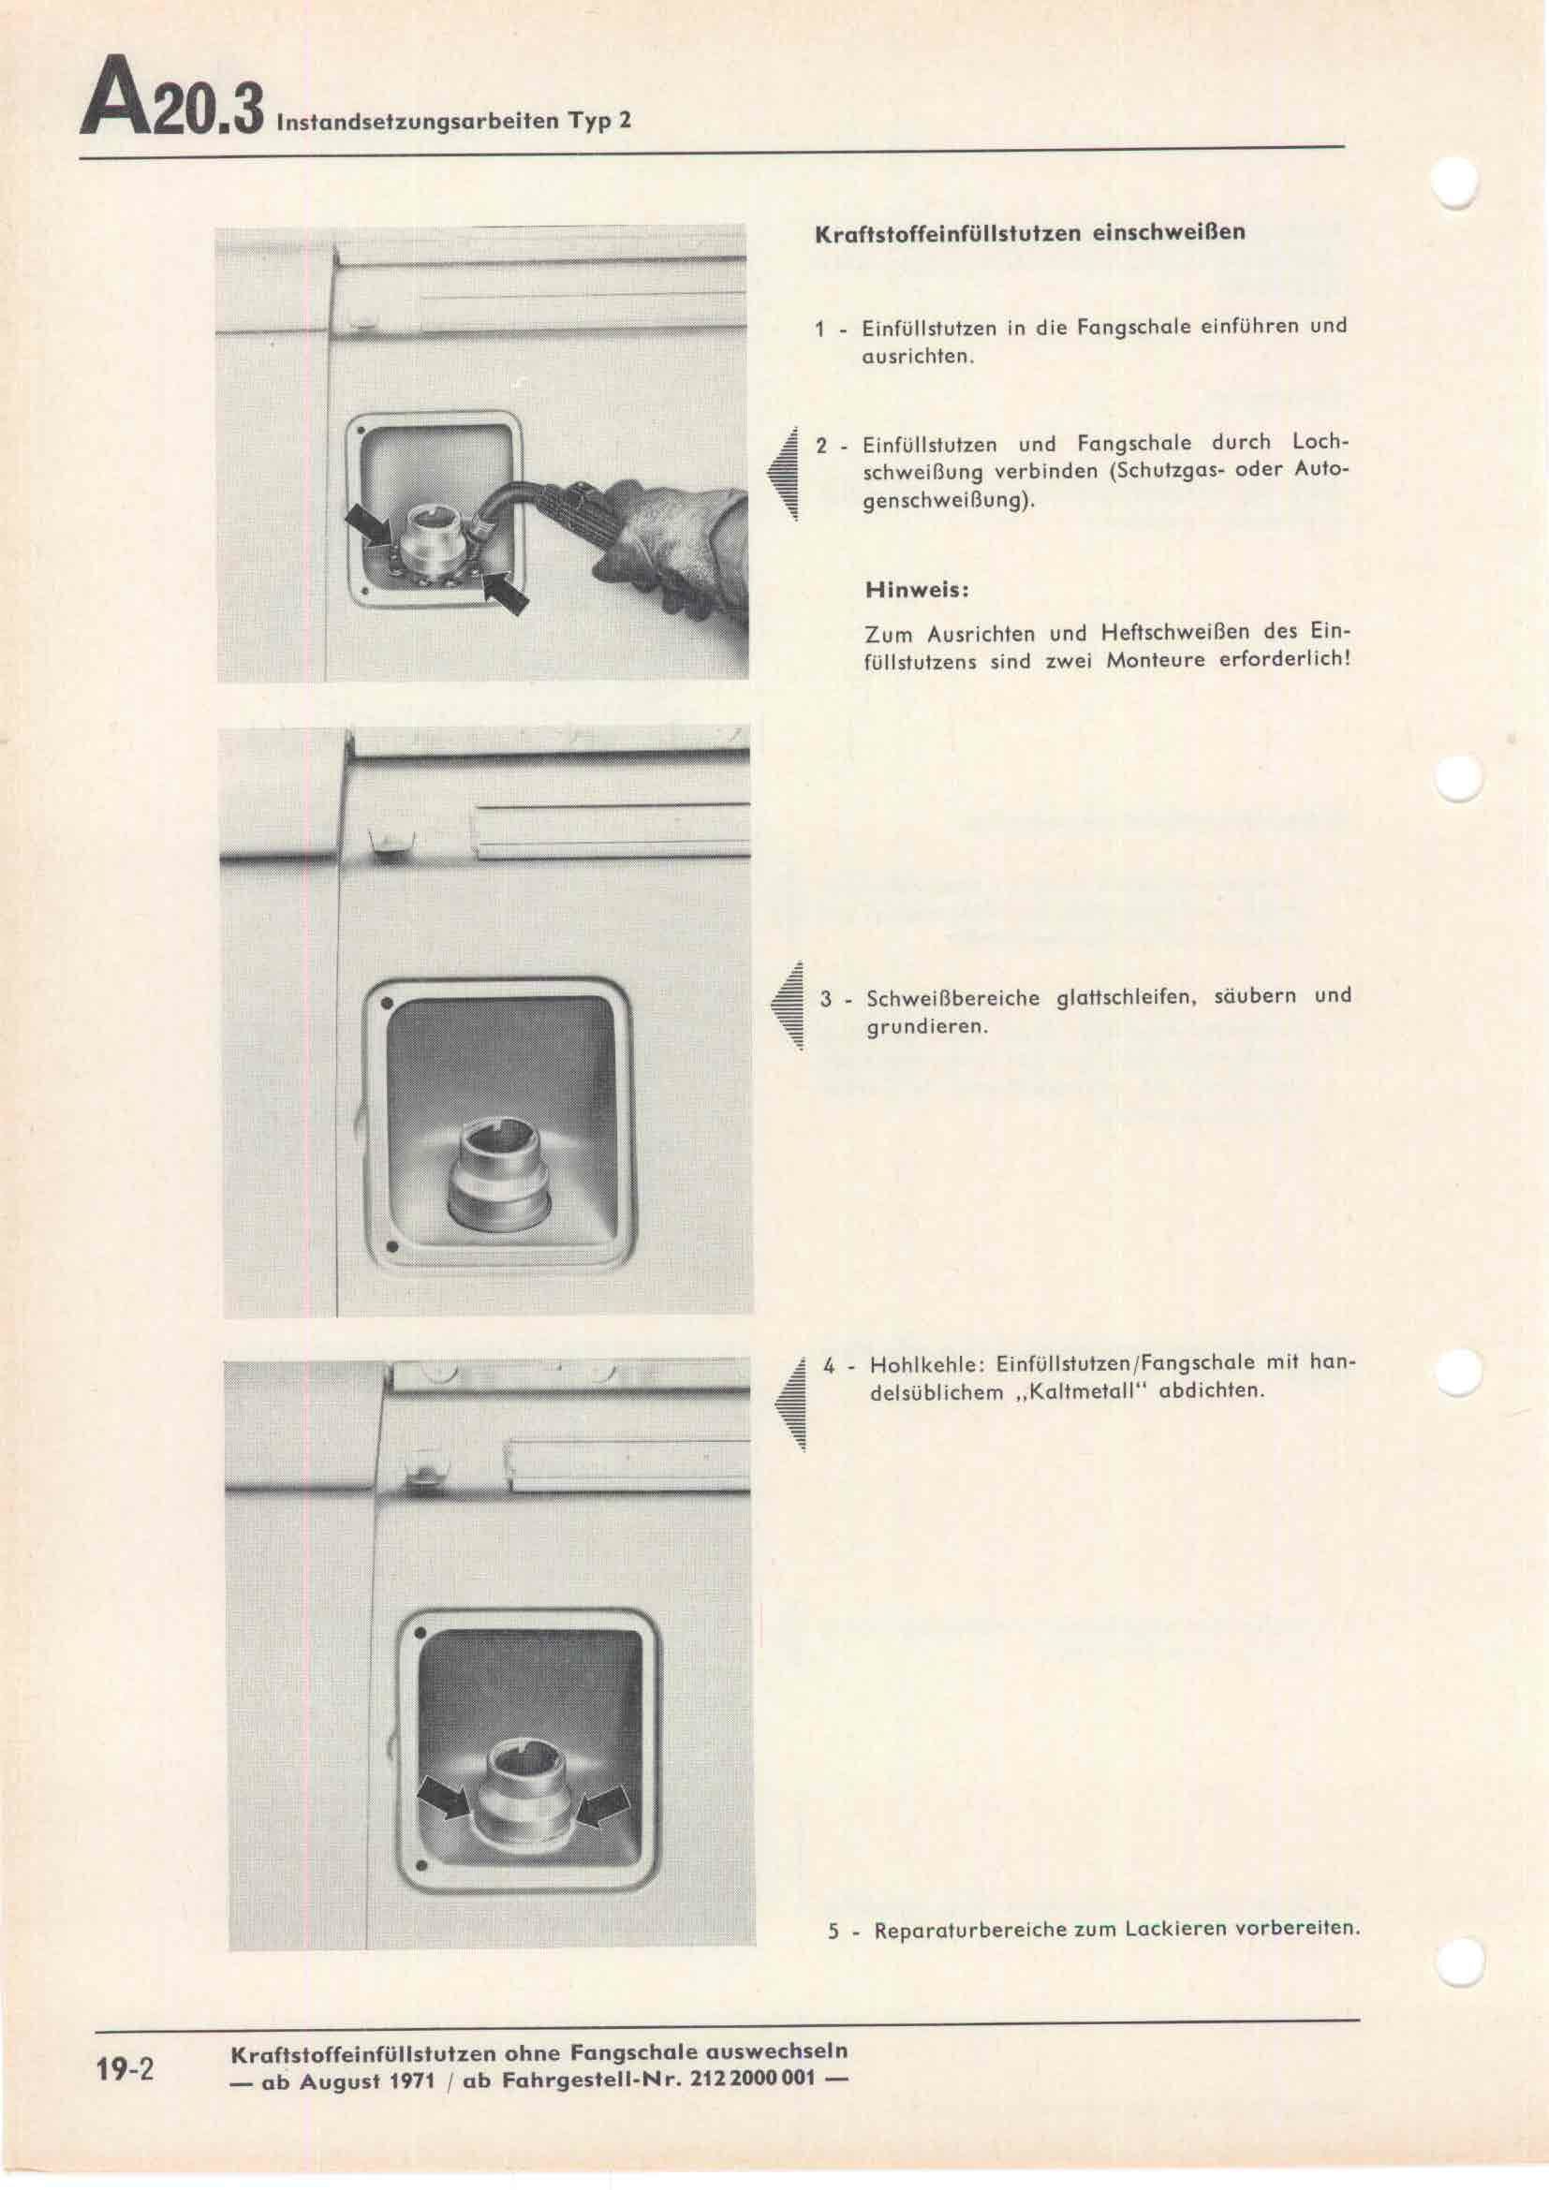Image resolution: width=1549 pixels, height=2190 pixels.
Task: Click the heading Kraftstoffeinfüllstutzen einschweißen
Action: [1030, 233]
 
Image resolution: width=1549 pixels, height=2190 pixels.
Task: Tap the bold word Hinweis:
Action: [917, 591]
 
